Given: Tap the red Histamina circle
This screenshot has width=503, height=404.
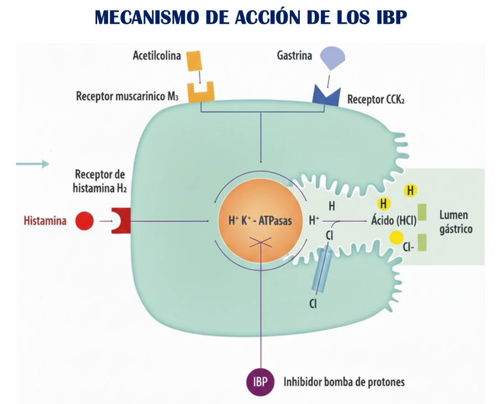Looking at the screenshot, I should tap(84, 221).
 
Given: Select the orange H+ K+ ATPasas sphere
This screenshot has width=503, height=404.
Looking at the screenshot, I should tap(260, 220).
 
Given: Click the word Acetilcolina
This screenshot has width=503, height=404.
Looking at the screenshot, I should tap(157, 56).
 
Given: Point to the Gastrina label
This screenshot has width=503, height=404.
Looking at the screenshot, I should tap(294, 56).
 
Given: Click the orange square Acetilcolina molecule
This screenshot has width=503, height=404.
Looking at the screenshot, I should tap(193, 60).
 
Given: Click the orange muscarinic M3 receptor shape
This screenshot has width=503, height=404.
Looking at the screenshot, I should tap(201, 93).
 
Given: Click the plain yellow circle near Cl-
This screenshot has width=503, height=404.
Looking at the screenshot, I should tap(395, 238).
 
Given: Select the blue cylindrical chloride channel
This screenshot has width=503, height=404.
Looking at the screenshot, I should tap(321, 269).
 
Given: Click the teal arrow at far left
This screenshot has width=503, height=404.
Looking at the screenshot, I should tap(33, 164).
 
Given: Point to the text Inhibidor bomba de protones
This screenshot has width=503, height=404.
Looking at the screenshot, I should tap(344, 382).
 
